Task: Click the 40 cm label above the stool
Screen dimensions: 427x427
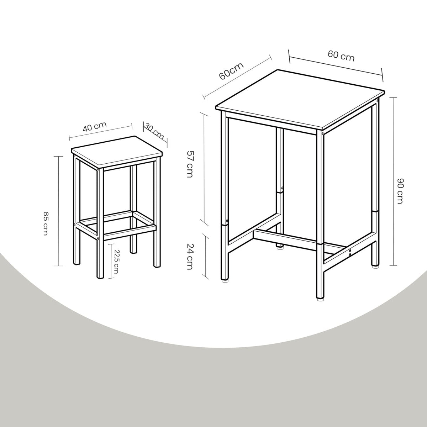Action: (x=95, y=127)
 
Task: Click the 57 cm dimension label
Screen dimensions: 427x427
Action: (x=190, y=164)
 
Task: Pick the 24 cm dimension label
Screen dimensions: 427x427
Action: (x=190, y=256)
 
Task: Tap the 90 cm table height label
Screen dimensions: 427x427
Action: (x=400, y=191)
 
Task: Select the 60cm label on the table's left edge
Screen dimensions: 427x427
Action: (x=231, y=71)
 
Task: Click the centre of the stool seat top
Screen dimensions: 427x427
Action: (x=117, y=152)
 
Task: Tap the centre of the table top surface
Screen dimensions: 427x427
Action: (x=300, y=100)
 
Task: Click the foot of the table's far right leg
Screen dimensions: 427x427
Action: (x=375, y=267)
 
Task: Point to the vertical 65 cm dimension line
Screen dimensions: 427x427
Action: (x=59, y=211)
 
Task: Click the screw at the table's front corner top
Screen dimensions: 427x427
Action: (x=322, y=133)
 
